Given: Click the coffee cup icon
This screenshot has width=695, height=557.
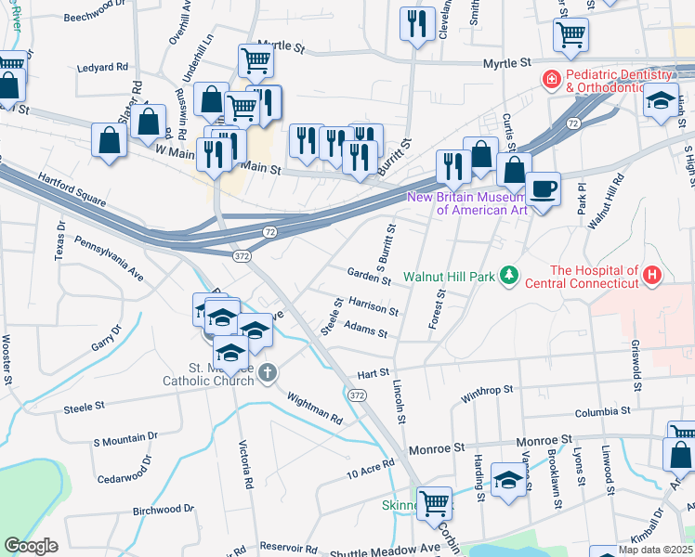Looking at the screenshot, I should (x=544, y=189).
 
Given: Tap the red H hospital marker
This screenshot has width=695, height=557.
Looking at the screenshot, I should (x=652, y=275).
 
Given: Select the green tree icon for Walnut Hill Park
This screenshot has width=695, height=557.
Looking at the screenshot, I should (x=508, y=275).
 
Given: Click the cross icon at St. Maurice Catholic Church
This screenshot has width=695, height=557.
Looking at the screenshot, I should (x=268, y=374).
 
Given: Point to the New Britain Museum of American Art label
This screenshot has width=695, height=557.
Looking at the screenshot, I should (x=482, y=203).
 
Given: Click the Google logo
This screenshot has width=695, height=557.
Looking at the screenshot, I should (x=31, y=546).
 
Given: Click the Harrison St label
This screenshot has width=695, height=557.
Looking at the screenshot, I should (x=373, y=307).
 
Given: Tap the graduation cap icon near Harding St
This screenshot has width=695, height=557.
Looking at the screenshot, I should (x=508, y=480).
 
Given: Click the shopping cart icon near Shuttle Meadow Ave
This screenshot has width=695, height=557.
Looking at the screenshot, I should (x=434, y=503).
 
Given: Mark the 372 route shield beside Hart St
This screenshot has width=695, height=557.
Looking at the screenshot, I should (x=358, y=395).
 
